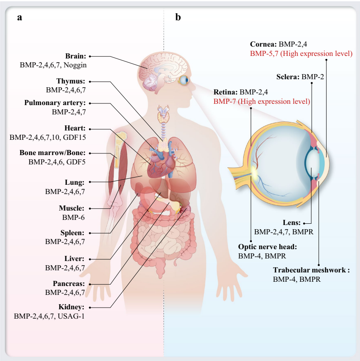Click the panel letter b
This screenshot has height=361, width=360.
(x=179, y=17)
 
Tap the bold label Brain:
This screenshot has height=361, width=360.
(x=75, y=56)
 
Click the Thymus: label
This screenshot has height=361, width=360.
(x=71, y=81)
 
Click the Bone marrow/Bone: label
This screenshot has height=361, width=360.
(x=53, y=153)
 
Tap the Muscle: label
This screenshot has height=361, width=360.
(x=72, y=208)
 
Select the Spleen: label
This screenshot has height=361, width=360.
(x=73, y=233)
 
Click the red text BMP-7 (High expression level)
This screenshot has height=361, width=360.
(x=261, y=101)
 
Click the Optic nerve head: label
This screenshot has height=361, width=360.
(x=267, y=247)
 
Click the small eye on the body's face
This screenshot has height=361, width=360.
(x=184, y=80)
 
